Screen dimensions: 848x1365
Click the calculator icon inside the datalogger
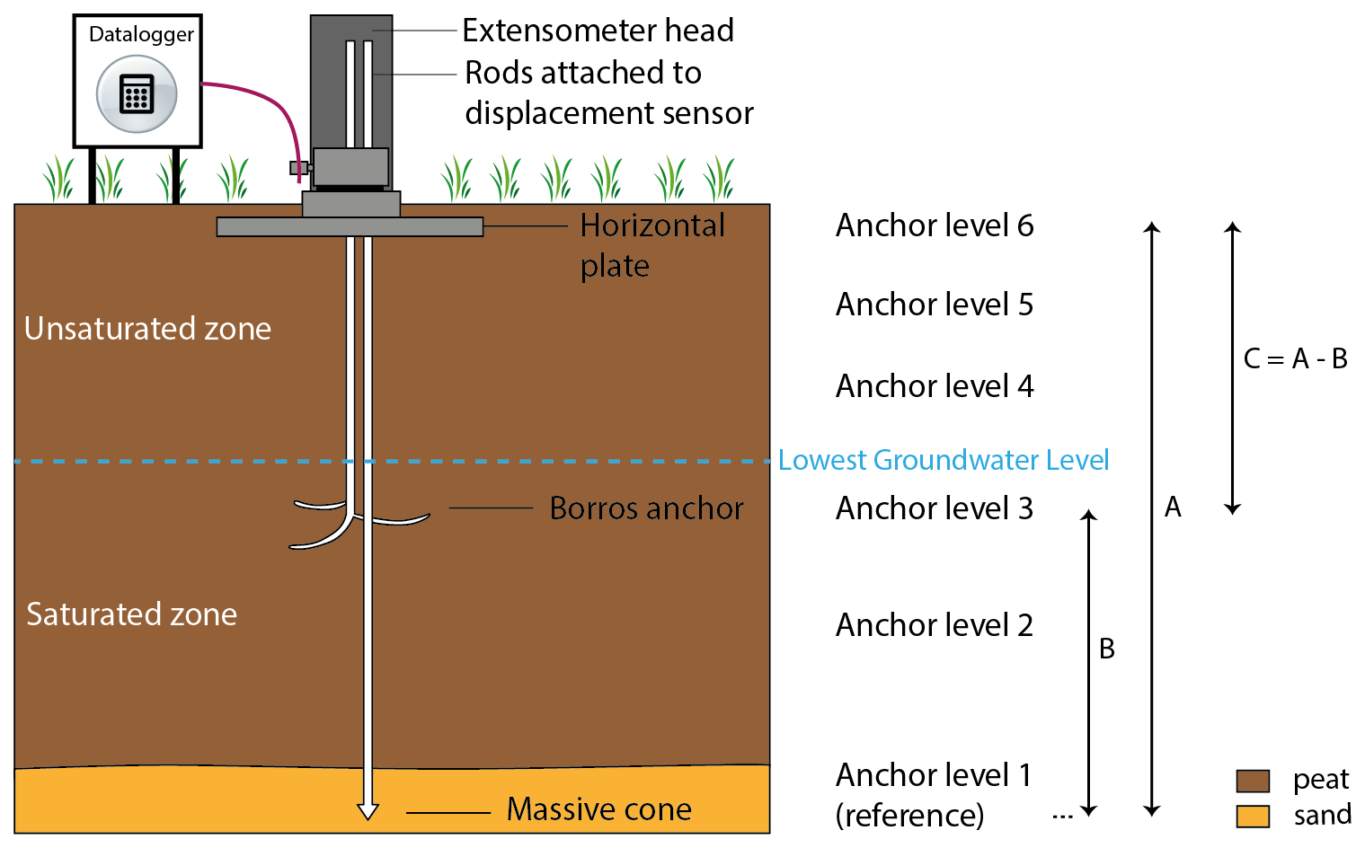[137, 93]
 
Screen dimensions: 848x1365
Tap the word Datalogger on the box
[141, 34]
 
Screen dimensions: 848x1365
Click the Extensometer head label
[598, 31]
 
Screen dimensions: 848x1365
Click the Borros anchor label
[646, 508]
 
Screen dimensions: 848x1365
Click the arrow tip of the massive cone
[368, 811]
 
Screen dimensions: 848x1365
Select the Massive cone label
[598, 809]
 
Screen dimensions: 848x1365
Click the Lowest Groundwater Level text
[943, 460]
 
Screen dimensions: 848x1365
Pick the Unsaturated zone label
[147, 329]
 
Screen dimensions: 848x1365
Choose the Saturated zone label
[131, 614]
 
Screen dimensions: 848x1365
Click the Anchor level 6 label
[935, 225]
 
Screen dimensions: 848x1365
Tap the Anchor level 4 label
[935, 386]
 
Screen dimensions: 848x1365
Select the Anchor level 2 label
[935, 625]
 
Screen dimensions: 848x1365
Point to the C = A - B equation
[1295, 359]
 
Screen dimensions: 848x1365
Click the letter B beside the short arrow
[1107, 649]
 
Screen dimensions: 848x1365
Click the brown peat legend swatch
[1253, 781]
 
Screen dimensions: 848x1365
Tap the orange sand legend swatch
[1253, 816]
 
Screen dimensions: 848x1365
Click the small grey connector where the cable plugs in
[298, 168]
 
